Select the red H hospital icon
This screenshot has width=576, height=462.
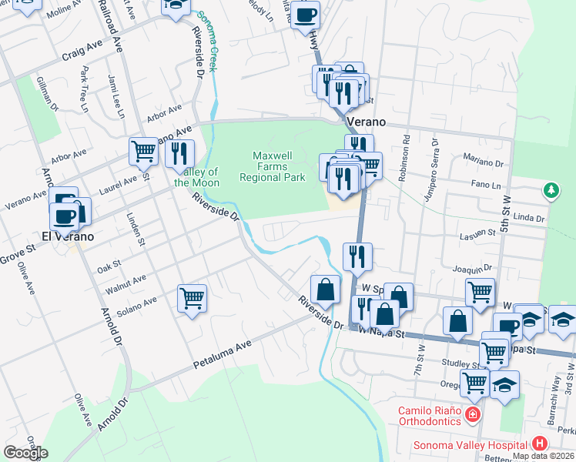click(540, 444)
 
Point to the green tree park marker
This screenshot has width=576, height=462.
click(551, 189)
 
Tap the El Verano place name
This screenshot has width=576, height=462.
click(68, 236)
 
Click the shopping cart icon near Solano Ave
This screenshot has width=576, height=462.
click(192, 298)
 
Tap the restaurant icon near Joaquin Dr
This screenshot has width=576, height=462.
click(356, 256)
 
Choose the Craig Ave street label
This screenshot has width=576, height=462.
click(82, 52)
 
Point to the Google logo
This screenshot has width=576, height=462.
click(25, 453)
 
